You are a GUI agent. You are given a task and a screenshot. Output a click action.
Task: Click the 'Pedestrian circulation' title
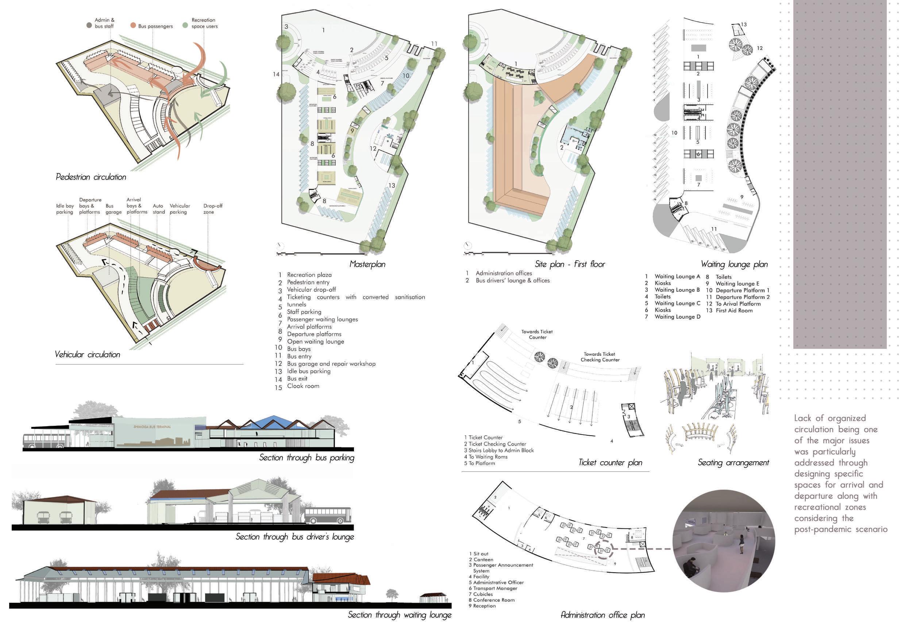pyautogui.click(x=91, y=177)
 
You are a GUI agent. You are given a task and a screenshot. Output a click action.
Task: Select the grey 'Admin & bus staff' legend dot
pyautogui.click(x=89, y=25)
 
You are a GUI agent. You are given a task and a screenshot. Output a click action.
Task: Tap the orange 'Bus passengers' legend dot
pyautogui.click(x=133, y=26)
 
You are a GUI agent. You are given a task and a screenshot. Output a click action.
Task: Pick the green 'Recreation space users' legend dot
pyautogui.click(x=185, y=25)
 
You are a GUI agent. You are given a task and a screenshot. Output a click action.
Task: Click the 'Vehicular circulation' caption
pyautogui.click(x=88, y=354)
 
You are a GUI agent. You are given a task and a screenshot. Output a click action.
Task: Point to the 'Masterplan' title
pyautogui.click(x=367, y=264)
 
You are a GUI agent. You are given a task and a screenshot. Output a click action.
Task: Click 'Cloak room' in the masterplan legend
pyautogui.click(x=303, y=386)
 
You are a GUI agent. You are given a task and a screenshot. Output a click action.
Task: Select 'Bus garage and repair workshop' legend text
pyautogui.click(x=331, y=364)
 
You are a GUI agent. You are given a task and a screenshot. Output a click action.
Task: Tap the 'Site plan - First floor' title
pyautogui.click(x=570, y=264)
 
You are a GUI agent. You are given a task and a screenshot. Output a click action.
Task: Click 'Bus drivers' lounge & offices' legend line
pyautogui.click(x=512, y=281)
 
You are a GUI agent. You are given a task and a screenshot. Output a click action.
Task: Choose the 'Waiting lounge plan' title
pyautogui.click(x=734, y=264)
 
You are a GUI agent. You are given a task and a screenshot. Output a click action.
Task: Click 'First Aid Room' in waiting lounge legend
pyautogui.click(x=734, y=311)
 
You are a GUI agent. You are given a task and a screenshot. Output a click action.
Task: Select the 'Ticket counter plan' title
pyautogui.click(x=610, y=462)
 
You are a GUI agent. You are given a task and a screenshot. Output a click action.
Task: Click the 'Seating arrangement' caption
pyautogui.click(x=733, y=462)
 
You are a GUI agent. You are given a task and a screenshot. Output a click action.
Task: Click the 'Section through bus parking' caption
pyautogui.click(x=307, y=458)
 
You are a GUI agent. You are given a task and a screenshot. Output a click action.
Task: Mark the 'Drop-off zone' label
pyautogui.click(x=212, y=209)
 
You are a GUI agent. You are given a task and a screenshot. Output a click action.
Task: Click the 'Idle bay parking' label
pyautogui.click(x=65, y=209)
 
